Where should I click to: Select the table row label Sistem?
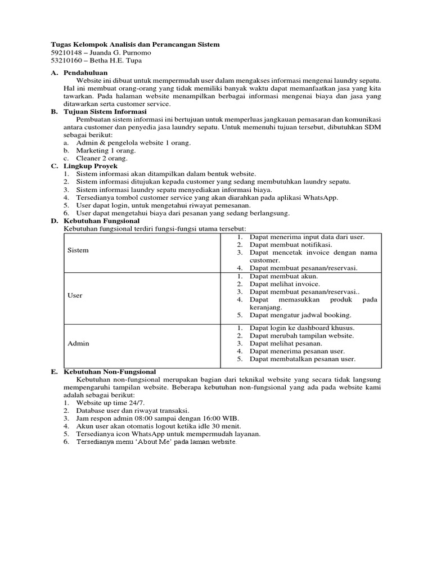point(78,250)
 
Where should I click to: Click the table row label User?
point(75,295)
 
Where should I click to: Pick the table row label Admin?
point(78,343)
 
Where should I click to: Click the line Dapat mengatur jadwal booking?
point(300,315)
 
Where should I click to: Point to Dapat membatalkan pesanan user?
point(303,359)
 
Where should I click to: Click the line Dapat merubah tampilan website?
point(301,335)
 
